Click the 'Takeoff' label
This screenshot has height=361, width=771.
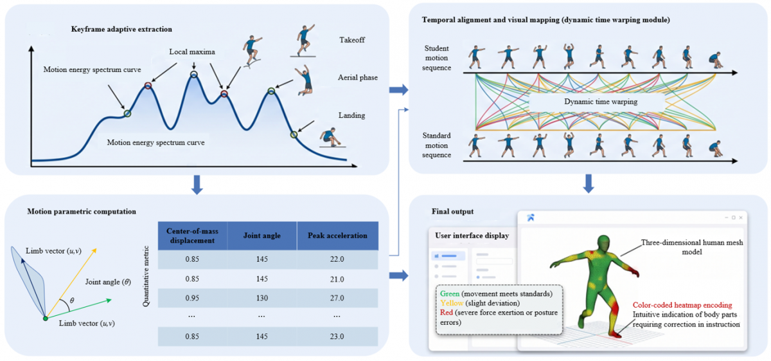tap(352, 40)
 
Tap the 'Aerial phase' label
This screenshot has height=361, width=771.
tap(358, 78)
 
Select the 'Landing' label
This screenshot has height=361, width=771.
tap(351, 115)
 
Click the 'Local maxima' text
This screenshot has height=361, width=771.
tap(192, 51)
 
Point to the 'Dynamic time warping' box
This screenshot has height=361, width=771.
tap(601, 102)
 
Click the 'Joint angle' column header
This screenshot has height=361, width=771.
tap(262, 236)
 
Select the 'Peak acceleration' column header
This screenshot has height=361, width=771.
tap(337, 236)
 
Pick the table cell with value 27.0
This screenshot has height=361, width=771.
tap(337, 298)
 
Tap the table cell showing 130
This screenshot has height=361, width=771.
tap(262, 298)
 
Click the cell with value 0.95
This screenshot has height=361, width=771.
tap(192, 298)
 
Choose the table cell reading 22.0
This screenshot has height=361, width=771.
tap(337, 259)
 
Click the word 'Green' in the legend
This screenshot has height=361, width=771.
tap(450, 294)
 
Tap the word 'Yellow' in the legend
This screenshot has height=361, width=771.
tap(452, 303)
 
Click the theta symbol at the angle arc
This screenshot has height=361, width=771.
tap(71, 301)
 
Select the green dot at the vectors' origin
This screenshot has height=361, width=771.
tap(46, 319)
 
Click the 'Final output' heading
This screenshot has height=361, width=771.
tap(452, 211)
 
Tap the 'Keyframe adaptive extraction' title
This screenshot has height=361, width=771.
tap(121, 30)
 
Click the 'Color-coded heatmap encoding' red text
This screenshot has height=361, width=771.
tap(682, 305)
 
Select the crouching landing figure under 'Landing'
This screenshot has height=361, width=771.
tap(331, 137)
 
